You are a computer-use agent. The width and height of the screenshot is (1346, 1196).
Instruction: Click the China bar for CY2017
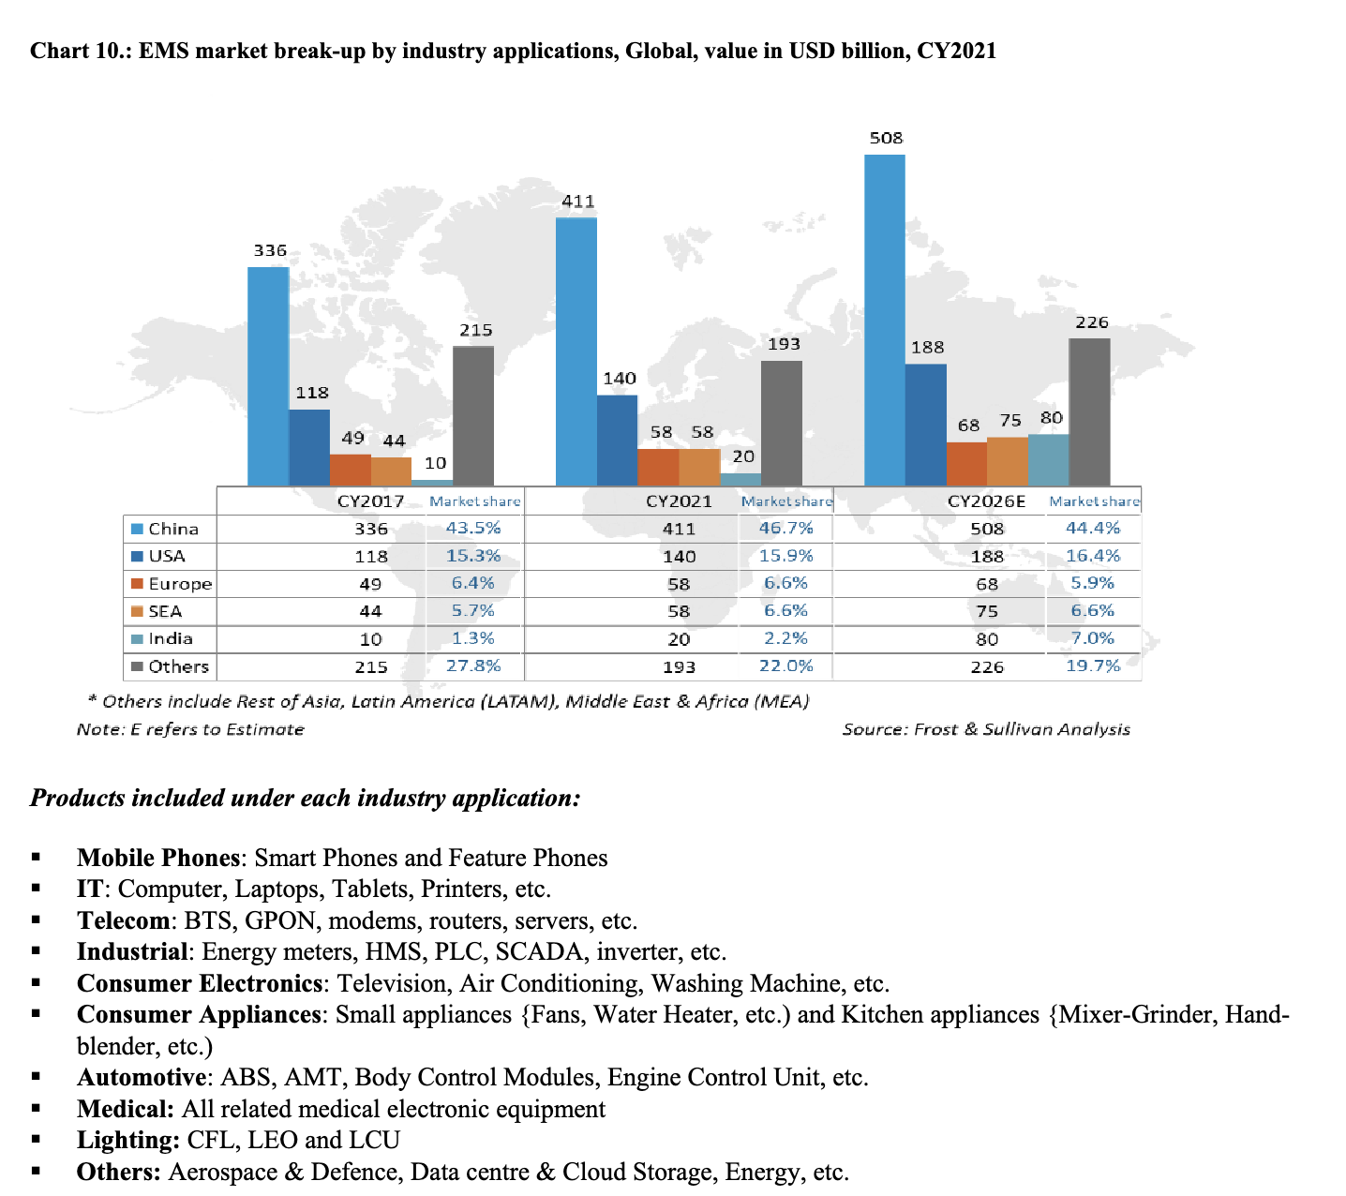268,376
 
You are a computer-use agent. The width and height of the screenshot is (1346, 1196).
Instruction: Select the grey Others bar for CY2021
782,424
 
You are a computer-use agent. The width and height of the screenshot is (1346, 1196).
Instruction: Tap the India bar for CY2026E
1048,460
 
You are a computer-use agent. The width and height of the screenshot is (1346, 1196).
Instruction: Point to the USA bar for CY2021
617,441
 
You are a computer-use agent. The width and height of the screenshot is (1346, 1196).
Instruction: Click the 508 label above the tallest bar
887,138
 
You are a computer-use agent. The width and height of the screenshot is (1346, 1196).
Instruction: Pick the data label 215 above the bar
475,330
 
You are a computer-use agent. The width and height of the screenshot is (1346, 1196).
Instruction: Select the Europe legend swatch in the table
138,583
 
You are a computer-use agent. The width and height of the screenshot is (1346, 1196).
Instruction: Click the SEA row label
165,611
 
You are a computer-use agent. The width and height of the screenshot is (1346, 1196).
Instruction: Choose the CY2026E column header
986,501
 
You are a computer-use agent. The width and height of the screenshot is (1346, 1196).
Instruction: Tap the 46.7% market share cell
786,529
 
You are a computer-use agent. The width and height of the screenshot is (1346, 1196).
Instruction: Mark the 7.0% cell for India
1093,638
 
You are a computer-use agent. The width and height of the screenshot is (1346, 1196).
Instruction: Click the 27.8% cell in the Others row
473,665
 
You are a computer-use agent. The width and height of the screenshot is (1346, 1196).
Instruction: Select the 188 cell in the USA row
987,556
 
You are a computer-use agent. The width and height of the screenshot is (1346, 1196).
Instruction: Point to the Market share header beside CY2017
475,501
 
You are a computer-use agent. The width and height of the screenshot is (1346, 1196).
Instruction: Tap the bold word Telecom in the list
124,920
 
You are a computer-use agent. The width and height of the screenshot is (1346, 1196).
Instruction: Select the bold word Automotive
142,1077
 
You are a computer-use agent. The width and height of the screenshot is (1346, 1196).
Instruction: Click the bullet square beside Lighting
36,1140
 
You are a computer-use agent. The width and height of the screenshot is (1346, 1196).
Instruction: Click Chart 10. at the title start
80,51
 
